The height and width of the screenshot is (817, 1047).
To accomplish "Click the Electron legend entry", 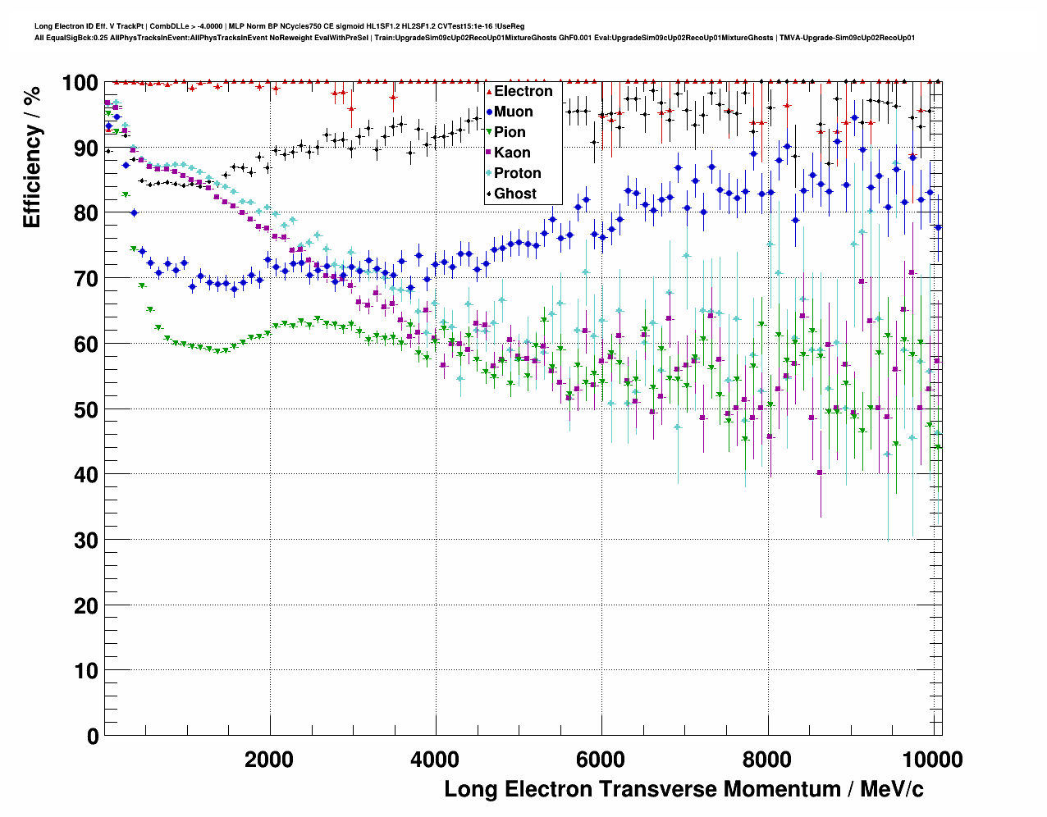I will tap(523, 91).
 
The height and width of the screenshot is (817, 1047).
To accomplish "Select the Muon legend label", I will tap(513, 112).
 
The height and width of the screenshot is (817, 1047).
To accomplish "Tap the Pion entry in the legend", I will tap(510, 132).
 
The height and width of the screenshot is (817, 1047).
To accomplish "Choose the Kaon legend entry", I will tap(512, 153).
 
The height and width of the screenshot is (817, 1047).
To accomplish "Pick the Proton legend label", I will tap(517, 173).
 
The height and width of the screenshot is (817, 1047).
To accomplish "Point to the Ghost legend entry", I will tap(514, 194).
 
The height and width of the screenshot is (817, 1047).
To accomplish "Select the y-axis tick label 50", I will tap(86, 409).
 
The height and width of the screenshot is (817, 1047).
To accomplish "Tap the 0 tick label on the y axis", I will tap(93, 737).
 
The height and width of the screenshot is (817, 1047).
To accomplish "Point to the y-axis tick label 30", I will tap(86, 541).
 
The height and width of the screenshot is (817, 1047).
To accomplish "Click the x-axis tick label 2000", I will tap(269, 760).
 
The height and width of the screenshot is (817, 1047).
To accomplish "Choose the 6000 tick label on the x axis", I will tap(601, 760).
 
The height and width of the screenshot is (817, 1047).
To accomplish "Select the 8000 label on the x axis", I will tap(767, 760).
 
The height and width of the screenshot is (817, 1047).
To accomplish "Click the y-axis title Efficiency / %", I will tap(32, 157).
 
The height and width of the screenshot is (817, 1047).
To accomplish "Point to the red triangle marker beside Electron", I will tap(488, 91).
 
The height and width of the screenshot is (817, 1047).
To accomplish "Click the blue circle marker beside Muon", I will tap(488, 112).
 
